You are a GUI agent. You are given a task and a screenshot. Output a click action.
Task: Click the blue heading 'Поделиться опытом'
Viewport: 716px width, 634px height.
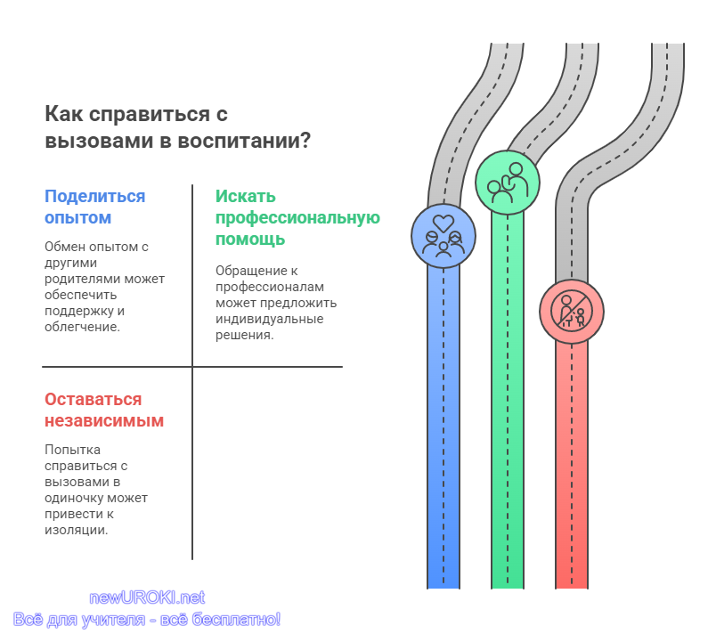pyautogui.click(x=94, y=207)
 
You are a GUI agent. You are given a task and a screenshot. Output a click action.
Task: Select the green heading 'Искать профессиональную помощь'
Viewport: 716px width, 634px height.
pyautogui.click(x=297, y=217)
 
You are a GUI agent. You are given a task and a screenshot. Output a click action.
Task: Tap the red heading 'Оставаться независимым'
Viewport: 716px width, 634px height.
pyautogui.click(x=103, y=410)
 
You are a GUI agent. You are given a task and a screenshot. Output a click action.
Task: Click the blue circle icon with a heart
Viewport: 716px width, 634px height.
pyautogui.click(x=443, y=236)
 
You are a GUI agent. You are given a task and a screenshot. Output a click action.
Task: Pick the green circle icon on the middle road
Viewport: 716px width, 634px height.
pyautogui.click(x=508, y=183)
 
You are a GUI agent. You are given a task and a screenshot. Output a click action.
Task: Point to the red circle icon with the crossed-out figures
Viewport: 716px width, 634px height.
pyautogui.click(x=571, y=312)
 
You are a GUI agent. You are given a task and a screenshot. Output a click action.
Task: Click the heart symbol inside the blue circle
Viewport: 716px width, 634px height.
pyautogui.click(x=443, y=224)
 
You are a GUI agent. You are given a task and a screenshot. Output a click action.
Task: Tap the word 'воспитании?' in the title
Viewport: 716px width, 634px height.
pyautogui.click(x=244, y=141)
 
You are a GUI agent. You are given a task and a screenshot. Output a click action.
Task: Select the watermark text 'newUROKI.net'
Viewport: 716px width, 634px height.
pyautogui.click(x=147, y=597)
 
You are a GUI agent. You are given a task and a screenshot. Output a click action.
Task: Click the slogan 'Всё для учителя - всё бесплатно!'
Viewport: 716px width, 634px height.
pyautogui.click(x=147, y=620)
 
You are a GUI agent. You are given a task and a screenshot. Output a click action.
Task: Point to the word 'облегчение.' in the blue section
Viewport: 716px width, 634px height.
pyautogui.click(x=82, y=327)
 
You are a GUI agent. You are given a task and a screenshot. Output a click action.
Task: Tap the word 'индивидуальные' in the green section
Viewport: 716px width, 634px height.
pyautogui.click(x=270, y=319)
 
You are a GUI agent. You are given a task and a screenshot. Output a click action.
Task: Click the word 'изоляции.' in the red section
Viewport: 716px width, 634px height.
pyautogui.click(x=77, y=531)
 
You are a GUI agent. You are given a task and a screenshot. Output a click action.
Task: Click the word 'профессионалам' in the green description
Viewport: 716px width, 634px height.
pyautogui.click(x=270, y=287)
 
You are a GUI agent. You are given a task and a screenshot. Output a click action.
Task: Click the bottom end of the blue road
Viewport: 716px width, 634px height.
pyautogui.click(x=443, y=588)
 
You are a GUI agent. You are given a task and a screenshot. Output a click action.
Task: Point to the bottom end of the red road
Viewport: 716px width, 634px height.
pyautogui.click(x=571, y=588)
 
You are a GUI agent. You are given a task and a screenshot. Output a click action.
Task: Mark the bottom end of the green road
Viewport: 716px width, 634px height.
pyautogui.click(x=508, y=588)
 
